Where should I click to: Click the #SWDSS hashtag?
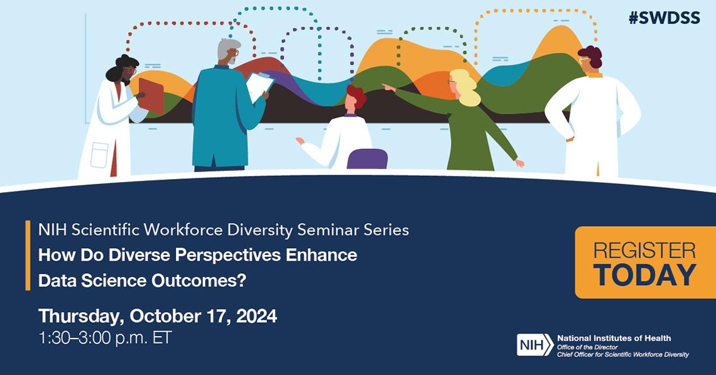[x=664, y=18]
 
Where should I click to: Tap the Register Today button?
[x=644, y=263]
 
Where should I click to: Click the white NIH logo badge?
[x=535, y=345]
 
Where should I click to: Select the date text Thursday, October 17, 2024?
[x=158, y=315]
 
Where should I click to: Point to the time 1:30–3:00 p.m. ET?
[x=105, y=337]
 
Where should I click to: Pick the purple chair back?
[x=367, y=159]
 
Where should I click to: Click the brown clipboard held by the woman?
[x=151, y=95]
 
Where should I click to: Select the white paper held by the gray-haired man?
[x=259, y=85]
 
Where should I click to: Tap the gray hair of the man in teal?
[x=227, y=47]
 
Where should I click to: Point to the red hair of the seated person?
[x=356, y=95]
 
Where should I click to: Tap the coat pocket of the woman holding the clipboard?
[x=99, y=155]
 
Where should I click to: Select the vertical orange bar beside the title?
[x=28, y=255]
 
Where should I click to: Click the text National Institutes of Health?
[x=614, y=339]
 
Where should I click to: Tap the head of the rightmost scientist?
[x=590, y=60]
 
